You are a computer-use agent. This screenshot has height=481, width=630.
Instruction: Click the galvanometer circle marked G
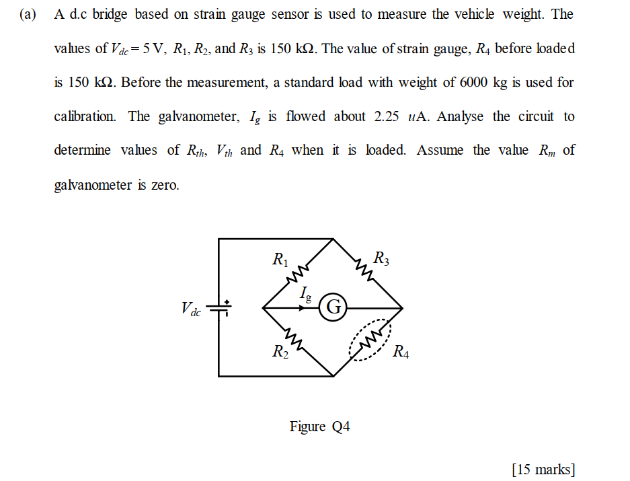point(333,307)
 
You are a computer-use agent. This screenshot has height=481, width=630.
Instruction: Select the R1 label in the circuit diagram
point(280,259)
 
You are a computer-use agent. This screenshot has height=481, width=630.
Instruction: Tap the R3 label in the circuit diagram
point(381,258)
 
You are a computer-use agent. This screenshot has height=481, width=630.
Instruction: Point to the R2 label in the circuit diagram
point(280,351)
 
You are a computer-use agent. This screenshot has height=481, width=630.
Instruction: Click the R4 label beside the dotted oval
point(400,351)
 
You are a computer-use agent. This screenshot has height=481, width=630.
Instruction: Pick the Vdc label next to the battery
point(191,309)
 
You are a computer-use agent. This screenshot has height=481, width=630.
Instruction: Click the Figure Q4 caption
point(320,427)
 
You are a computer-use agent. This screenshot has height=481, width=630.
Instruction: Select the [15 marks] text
point(543,469)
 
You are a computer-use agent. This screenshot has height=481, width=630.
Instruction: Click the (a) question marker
point(28,15)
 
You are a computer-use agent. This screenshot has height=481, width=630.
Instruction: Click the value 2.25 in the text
point(387,116)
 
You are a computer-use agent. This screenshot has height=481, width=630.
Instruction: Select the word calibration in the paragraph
point(85,116)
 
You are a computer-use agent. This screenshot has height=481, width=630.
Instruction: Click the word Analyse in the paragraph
point(460,116)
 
